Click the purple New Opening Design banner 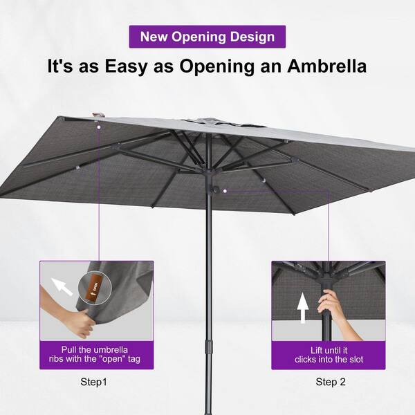pos(207,37)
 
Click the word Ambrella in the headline pos(327,66)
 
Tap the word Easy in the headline pos(126,66)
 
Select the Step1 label pos(93,382)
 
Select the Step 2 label pos(331,382)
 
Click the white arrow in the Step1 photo pos(62,286)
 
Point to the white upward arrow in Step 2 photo pos(302,308)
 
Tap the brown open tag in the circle pos(95,288)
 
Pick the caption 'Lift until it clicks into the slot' pos(329,355)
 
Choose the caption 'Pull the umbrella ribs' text pos(95,354)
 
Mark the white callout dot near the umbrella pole pos(225,191)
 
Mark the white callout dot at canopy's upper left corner pos(99,127)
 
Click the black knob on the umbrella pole pos(214,190)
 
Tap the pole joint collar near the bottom pos(209,347)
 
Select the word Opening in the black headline pos(216,66)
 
